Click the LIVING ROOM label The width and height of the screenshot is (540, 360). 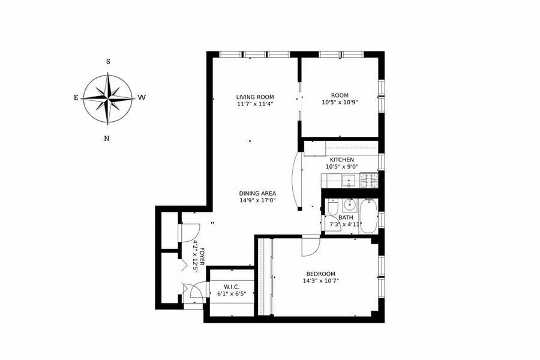254,96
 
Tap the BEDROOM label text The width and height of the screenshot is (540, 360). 320,274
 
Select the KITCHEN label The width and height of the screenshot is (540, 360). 341,160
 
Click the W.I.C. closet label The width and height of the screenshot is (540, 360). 232,286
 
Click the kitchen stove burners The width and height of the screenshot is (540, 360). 368,178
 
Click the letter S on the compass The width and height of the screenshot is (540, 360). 108,61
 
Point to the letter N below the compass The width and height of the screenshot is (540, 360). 107,139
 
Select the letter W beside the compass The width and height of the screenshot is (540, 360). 142,97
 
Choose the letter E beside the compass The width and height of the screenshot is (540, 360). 76,97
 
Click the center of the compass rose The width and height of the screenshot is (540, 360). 108,98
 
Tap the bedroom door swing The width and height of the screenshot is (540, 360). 310,245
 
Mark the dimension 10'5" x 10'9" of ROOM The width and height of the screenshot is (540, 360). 340,103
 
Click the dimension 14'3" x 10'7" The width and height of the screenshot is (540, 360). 320,281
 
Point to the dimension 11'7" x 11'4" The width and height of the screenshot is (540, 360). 254,104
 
